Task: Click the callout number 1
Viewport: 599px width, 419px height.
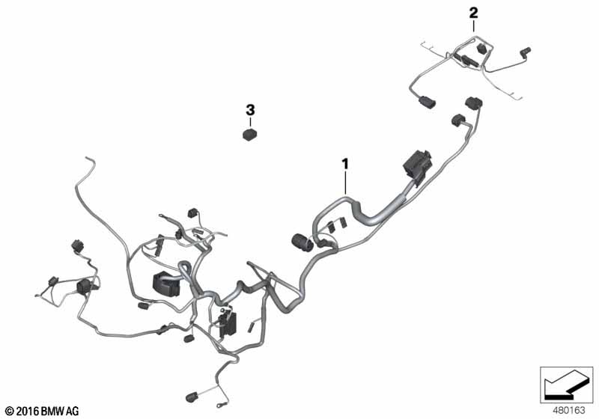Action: pos(345,165)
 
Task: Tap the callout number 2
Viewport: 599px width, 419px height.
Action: pos(473,13)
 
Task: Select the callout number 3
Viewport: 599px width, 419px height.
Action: pos(250,110)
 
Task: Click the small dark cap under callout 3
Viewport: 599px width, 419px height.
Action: pos(249,135)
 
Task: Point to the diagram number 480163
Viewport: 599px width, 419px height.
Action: pos(569,411)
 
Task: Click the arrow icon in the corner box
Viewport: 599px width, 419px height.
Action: pos(565,384)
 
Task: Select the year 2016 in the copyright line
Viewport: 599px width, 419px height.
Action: pos(28,412)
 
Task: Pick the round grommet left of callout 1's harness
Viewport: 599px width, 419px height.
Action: pos(302,242)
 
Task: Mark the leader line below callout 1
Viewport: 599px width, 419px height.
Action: pos(345,183)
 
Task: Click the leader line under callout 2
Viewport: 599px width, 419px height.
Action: pos(474,26)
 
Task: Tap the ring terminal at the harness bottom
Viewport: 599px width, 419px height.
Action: pos(220,406)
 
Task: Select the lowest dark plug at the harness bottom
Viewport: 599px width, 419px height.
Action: pos(192,397)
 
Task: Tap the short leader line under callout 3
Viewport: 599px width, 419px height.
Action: pos(250,123)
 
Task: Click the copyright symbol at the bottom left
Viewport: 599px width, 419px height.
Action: pos(10,412)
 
